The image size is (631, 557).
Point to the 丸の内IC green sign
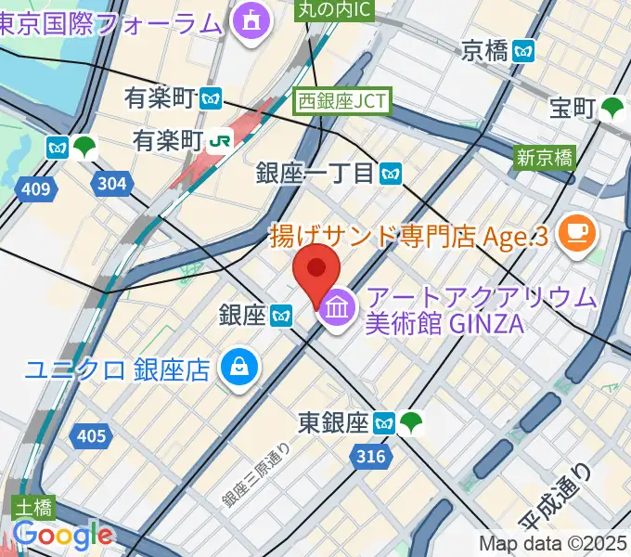pyautogui.click(x=335, y=9)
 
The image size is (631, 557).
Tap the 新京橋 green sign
pyautogui.click(x=545, y=157)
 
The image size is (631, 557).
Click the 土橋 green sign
pyautogui.click(x=34, y=508)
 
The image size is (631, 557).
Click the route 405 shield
pyautogui.click(x=91, y=434)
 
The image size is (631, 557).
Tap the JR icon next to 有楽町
pyautogui.click(x=221, y=140)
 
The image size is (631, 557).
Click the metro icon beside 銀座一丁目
pyautogui.click(x=391, y=173)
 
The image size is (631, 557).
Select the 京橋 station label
pyautogui.click(x=485, y=50)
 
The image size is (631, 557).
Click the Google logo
pyautogui.click(x=62, y=536)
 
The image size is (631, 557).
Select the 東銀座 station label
pyautogui.click(x=333, y=423)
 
